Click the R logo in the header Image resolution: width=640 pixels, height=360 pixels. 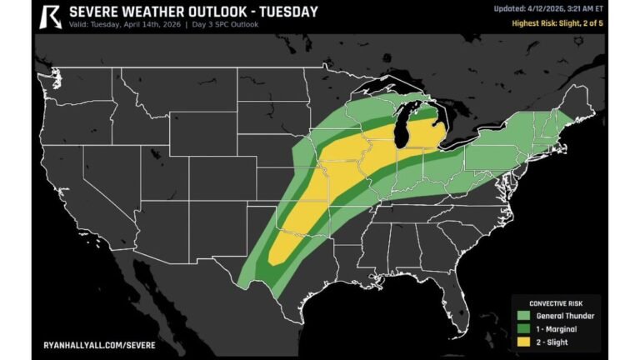coord(51,15)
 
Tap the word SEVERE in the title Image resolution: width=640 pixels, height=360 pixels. coord(96,12)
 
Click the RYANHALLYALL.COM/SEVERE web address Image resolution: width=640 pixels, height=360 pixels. coord(98,343)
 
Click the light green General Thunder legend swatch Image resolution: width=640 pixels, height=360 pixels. coord(524,316)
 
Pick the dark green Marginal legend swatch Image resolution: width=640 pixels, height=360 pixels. coord(524,328)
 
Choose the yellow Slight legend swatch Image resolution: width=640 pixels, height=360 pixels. coord(524,341)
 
